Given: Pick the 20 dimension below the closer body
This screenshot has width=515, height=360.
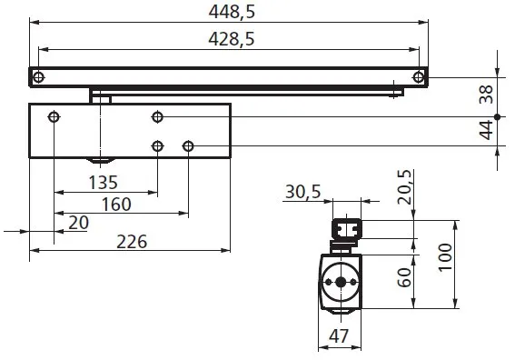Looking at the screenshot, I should coord(78,222).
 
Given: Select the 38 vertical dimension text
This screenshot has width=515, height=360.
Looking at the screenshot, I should coord(486,93).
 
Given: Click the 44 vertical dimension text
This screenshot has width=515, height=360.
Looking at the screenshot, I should coord(486,133).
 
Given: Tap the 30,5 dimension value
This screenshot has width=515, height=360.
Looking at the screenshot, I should coord(303,193).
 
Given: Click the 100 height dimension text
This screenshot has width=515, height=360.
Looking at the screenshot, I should coord(442,264).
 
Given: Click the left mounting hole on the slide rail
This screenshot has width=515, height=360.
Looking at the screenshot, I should coord(37,77).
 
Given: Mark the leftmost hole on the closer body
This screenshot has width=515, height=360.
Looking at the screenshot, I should coord(54,117).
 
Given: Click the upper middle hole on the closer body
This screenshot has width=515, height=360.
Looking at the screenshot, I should coord(158,117).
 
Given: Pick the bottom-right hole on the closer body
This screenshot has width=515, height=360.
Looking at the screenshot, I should coord(188,145).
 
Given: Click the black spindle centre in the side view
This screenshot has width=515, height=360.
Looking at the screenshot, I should coord(341,282).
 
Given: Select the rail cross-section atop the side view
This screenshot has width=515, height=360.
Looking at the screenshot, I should coord(346,228).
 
